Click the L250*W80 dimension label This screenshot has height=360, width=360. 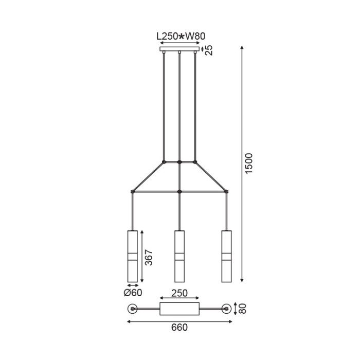(181, 37)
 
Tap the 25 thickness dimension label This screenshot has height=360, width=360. (210, 50)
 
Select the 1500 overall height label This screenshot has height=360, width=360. (249, 164)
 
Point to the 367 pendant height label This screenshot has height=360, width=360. (149, 257)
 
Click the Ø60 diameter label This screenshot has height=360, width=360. (133, 293)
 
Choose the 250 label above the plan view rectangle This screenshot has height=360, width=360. (179, 293)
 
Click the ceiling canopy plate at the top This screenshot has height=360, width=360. (179, 49)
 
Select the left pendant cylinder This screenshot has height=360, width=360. (133, 256)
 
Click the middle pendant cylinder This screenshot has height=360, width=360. (179, 256)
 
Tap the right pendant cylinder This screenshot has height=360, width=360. (226, 256)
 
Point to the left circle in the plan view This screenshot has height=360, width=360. (133, 309)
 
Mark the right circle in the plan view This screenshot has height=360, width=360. (226, 309)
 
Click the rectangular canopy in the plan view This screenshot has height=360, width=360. (179, 309)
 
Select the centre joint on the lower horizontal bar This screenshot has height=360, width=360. (179, 191)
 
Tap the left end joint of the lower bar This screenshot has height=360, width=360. (133, 191)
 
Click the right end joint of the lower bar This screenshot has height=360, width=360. (226, 191)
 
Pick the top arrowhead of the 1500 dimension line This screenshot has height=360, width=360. (242, 48)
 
